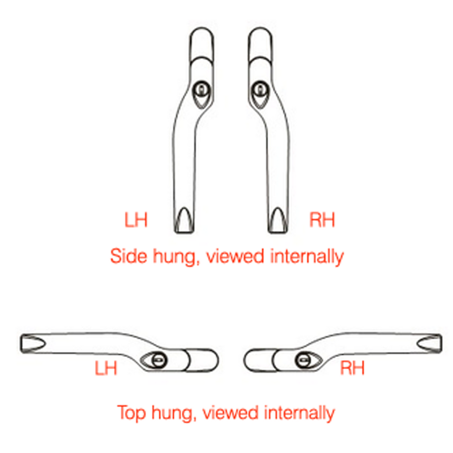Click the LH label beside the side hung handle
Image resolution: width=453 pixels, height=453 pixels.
pos(136,220)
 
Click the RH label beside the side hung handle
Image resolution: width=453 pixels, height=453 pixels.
pos(322,220)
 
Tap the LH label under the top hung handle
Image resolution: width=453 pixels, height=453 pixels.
pos(106,368)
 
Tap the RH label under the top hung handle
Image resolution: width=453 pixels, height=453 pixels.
pos(352,368)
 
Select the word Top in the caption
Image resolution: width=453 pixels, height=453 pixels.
pos(131,413)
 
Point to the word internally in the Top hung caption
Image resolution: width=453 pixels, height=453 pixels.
pos(299,413)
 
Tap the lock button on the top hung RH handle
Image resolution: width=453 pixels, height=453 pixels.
pos(303,360)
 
